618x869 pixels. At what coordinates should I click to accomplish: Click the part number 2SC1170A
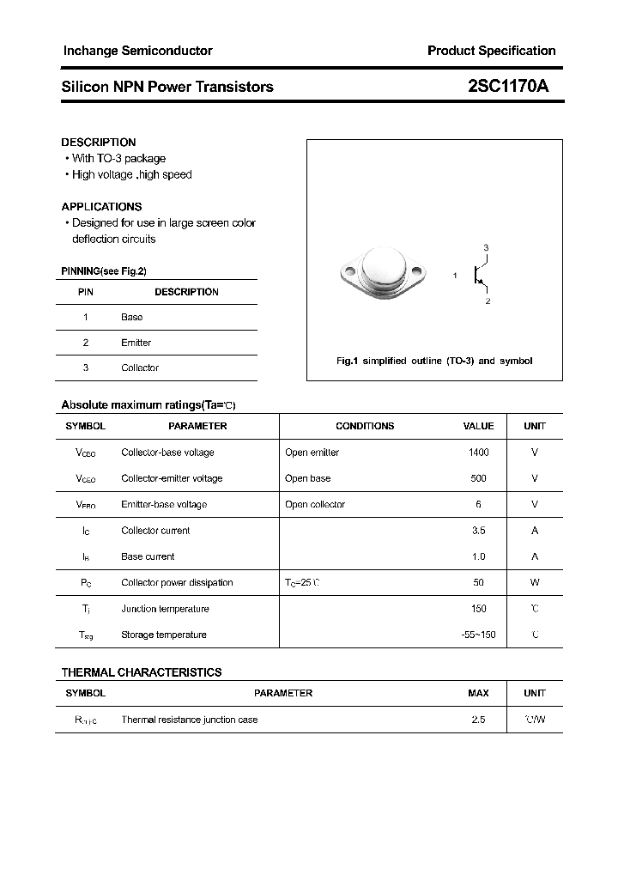507,87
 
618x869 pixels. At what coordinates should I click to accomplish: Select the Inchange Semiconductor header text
137,51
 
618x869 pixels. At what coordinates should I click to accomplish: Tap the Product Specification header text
491,51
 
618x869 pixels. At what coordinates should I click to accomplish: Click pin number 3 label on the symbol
486,248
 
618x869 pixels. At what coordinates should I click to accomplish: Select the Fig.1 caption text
433,361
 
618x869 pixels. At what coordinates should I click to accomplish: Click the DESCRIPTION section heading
99,142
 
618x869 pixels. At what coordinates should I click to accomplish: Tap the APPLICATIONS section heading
101,206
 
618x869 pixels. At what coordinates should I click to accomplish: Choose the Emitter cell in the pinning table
136,343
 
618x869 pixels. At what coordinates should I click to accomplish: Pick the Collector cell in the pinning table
140,368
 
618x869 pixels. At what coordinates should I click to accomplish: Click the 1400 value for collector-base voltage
478,453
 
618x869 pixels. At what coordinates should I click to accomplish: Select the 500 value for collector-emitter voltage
478,478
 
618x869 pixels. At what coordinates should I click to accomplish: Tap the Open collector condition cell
314,504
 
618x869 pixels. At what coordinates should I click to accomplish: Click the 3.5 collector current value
478,531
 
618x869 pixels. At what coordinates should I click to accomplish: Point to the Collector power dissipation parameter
177,582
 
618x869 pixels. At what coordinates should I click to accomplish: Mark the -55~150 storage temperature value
478,635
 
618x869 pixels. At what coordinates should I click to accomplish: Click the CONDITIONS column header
365,426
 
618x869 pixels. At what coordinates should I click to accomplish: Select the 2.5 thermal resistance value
478,720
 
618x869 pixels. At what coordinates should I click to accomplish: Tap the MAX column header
478,693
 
